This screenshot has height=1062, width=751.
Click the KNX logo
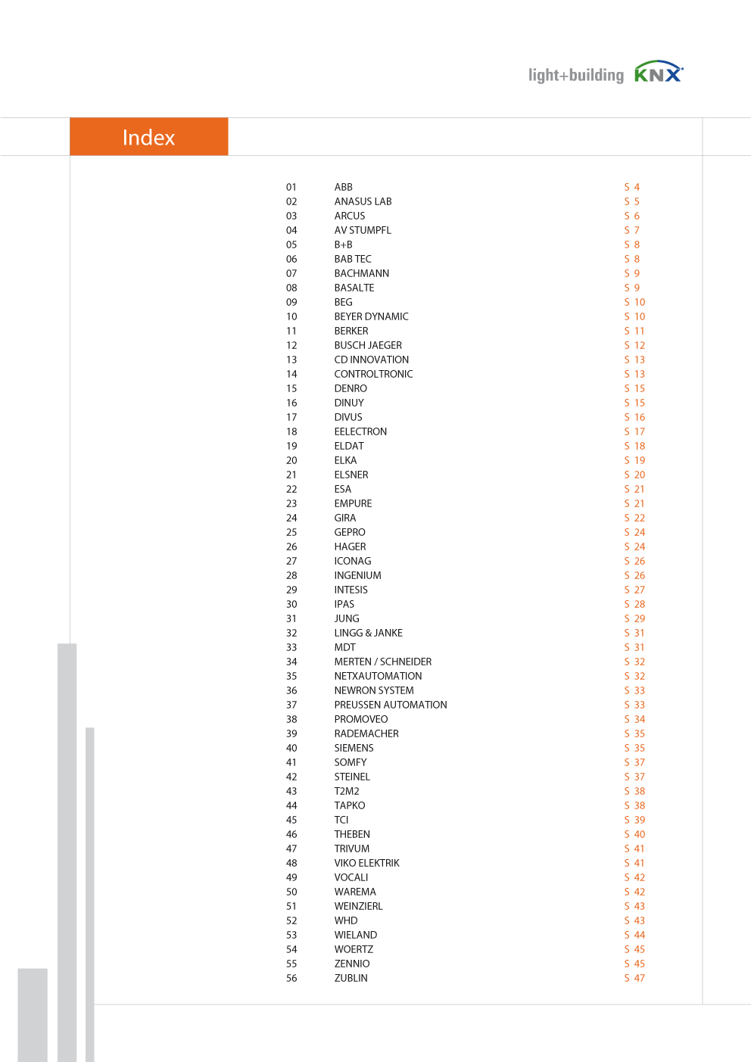(x=658, y=73)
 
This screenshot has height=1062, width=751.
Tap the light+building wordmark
(x=575, y=75)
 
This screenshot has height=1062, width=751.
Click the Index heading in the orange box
(x=148, y=137)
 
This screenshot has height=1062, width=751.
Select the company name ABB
(x=343, y=187)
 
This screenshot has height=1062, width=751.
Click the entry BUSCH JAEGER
(x=368, y=345)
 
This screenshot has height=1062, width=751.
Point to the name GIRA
(x=344, y=518)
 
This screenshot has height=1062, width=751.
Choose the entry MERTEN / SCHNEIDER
(x=382, y=662)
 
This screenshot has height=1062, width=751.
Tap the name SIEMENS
(x=354, y=748)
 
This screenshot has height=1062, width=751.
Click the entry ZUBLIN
(x=351, y=978)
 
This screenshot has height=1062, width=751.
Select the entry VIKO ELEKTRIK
(x=366, y=863)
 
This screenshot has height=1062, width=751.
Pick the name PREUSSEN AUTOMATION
(x=390, y=705)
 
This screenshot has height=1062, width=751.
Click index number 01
(x=291, y=187)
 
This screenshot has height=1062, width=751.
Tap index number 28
(x=291, y=575)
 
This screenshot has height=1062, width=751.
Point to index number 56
(x=291, y=978)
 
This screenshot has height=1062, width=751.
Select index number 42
(x=291, y=777)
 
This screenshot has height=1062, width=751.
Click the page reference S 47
(x=634, y=978)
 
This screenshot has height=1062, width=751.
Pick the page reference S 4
(x=631, y=187)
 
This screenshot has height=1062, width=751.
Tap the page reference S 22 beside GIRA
(x=634, y=518)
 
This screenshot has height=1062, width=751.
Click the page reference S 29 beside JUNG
(x=634, y=618)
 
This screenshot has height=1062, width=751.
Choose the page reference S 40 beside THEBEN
(x=634, y=834)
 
